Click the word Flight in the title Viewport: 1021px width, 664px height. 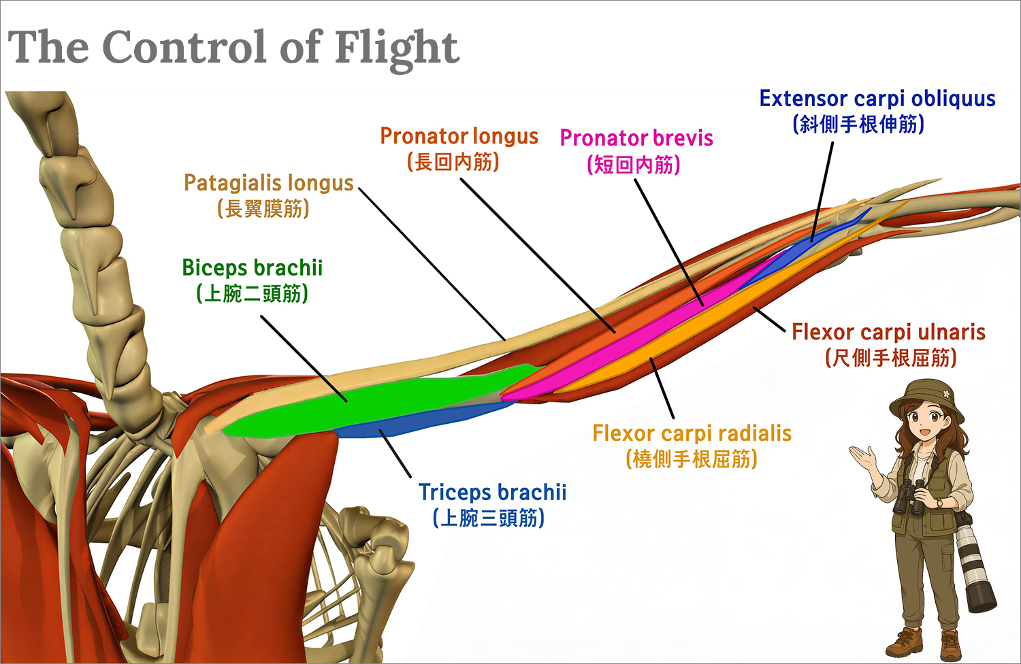(x=396, y=48)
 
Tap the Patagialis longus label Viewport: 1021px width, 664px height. (x=268, y=183)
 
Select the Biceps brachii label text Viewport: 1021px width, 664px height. (x=252, y=267)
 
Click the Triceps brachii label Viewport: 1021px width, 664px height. (x=492, y=492)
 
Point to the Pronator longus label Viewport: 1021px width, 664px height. (x=459, y=137)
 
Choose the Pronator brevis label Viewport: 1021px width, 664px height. (x=636, y=139)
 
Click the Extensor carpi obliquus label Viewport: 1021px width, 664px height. (x=877, y=99)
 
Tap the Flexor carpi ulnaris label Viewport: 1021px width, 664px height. (x=888, y=332)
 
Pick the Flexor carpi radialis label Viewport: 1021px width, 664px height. (x=692, y=433)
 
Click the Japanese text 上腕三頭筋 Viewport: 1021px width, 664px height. (x=489, y=518)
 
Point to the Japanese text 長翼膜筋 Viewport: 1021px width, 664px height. (x=263, y=209)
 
